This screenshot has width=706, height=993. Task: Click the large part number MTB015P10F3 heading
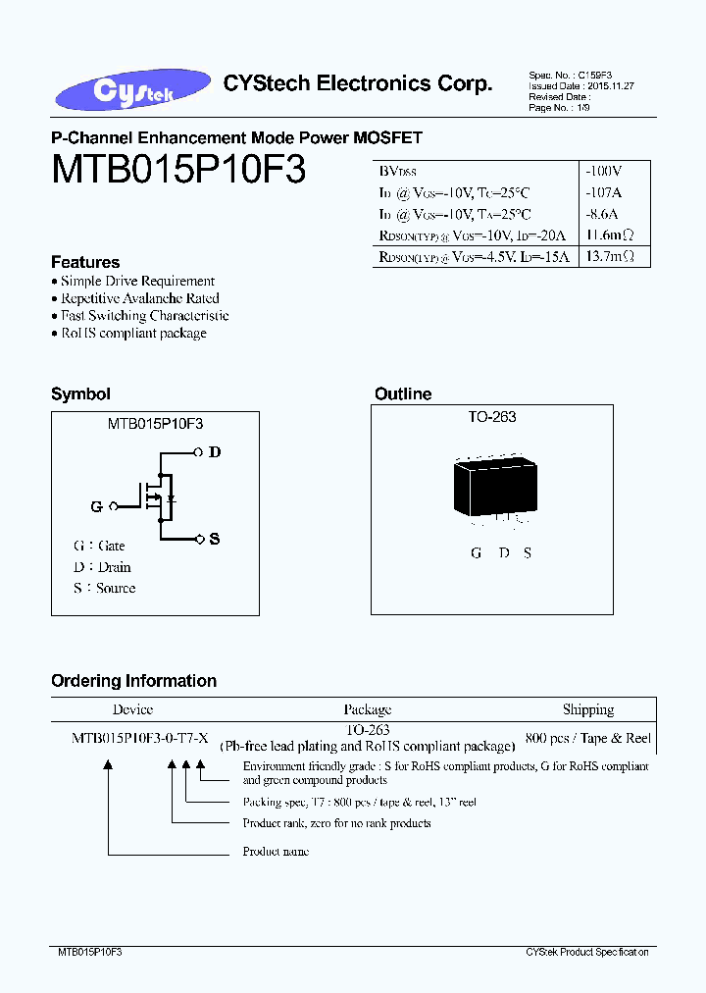pos(178,170)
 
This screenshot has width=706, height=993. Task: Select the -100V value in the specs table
pos(603,170)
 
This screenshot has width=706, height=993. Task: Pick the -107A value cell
pos(603,191)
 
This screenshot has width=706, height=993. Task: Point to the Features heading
pos(85,262)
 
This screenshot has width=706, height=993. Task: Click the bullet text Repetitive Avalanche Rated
pos(139,298)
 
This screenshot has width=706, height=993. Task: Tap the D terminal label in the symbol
pos(215,452)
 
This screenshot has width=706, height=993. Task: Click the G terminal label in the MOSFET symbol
pos(96,506)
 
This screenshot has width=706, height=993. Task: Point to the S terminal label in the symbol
pos(215,539)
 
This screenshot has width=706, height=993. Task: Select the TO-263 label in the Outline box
pos(491,417)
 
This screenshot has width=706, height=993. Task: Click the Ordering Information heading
pos(133,681)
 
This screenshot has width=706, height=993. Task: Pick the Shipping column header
pos(588,709)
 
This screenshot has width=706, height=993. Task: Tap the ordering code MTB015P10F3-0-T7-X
pos(139,738)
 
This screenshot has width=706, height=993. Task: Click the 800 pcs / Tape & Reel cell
pos(588,738)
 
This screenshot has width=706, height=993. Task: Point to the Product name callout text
pos(276,852)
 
